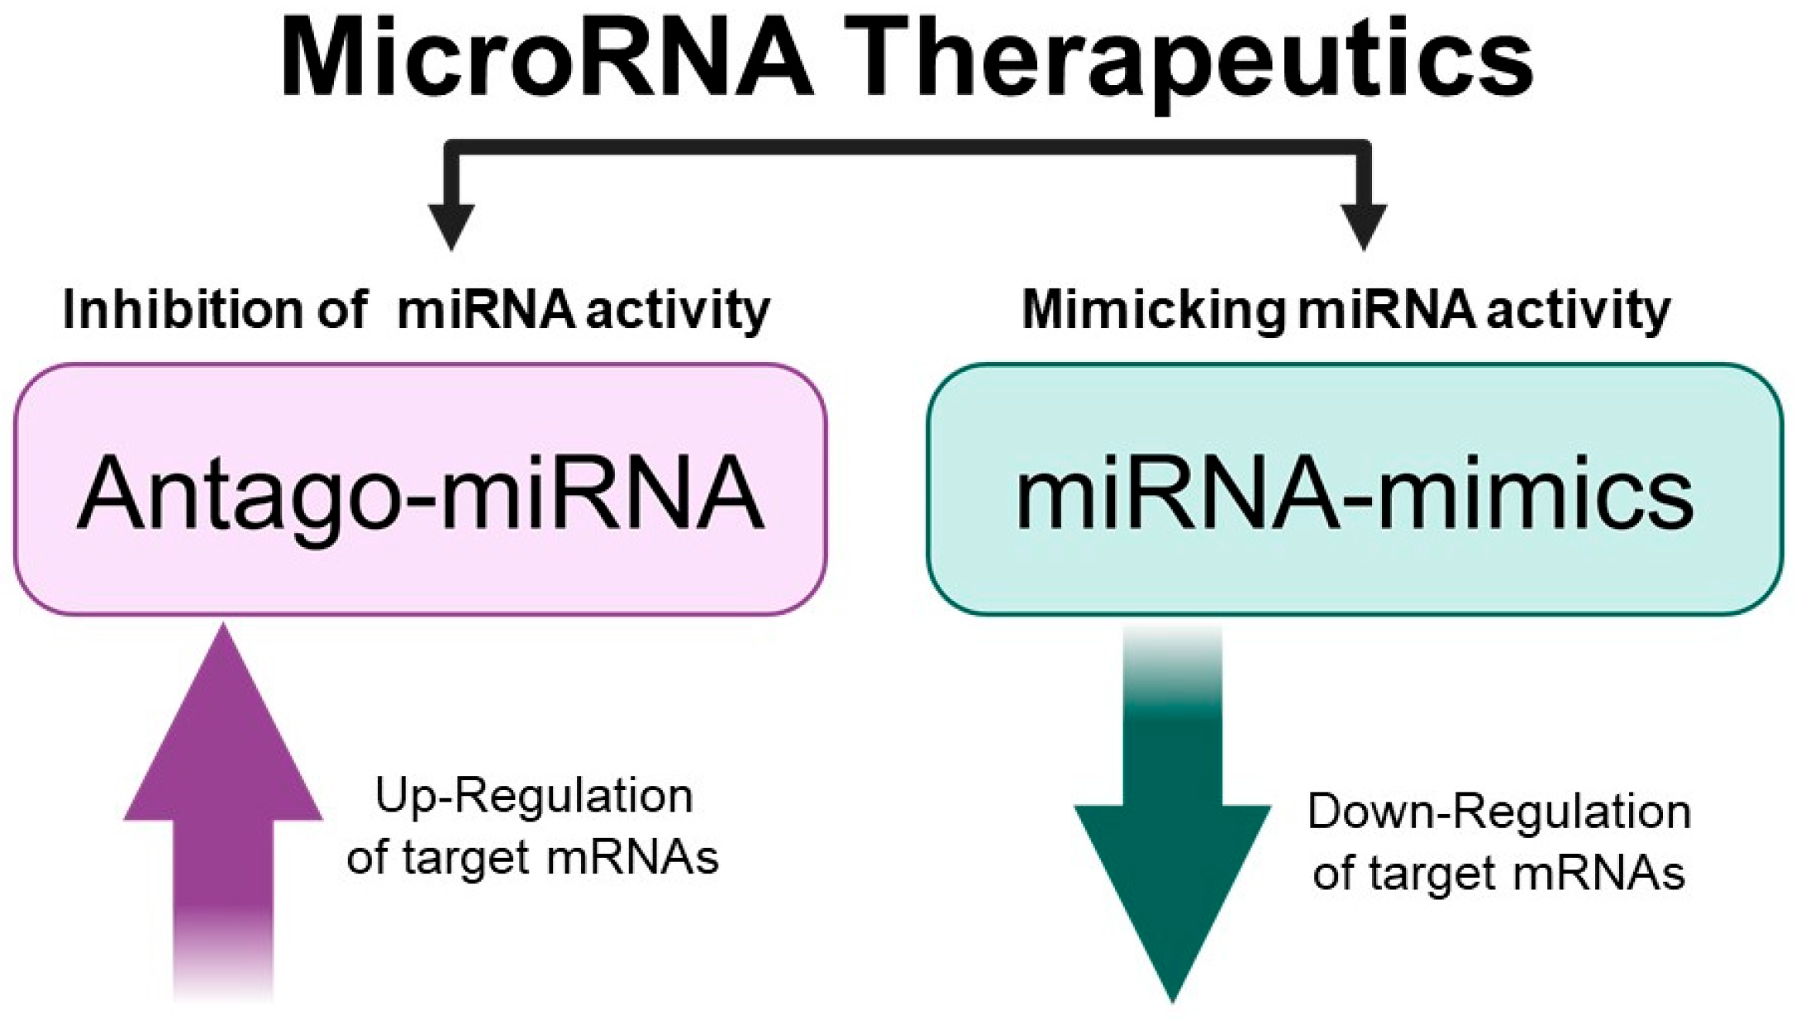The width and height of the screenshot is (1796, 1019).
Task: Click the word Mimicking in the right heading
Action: (x=1153, y=311)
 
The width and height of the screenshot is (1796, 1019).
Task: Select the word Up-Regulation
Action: (x=534, y=797)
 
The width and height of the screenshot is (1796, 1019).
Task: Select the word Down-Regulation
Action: (x=1498, y=812)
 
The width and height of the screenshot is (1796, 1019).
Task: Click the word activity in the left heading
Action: (x=678, y=311)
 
